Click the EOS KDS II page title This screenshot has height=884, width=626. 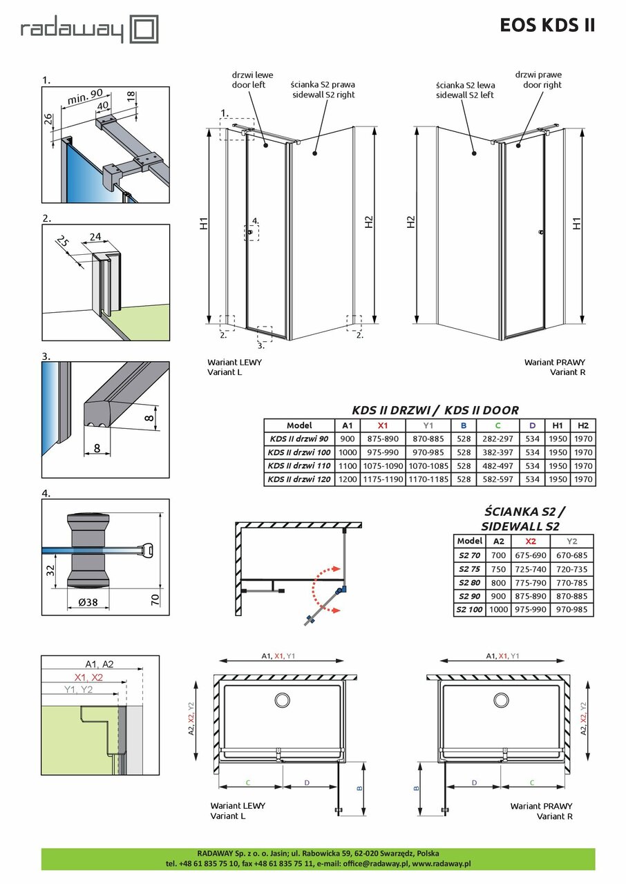(547, 26)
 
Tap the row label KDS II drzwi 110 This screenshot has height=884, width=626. (299, 465)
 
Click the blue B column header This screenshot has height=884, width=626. (464, 425)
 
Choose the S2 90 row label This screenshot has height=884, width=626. (470, 596)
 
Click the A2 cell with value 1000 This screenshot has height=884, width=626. (499, 610)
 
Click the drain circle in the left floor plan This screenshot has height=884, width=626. (281, 700)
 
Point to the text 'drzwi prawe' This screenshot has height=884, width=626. (536, 75)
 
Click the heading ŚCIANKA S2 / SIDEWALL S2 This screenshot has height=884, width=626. (526, 519)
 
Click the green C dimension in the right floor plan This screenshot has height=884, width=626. (532, 782)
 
